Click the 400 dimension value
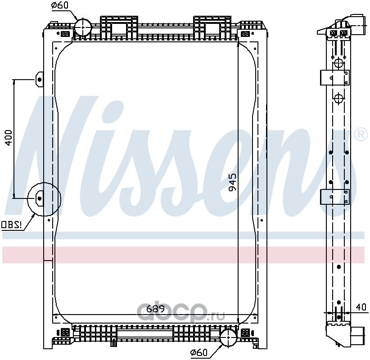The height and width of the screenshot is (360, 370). click(8, 138)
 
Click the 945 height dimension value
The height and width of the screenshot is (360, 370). click(232, 183)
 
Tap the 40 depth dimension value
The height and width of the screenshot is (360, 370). click(361, 307)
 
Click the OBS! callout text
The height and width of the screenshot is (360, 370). click(11, 224)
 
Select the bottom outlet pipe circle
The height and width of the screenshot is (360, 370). click(228, 337)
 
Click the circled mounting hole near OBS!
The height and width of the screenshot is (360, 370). click(40, 198)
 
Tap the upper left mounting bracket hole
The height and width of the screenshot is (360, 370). click(39, 80)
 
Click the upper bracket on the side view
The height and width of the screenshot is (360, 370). click(334, 77)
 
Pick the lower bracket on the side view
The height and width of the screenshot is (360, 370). click(334, 197)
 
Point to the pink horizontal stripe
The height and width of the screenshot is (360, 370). click(180, 255)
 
